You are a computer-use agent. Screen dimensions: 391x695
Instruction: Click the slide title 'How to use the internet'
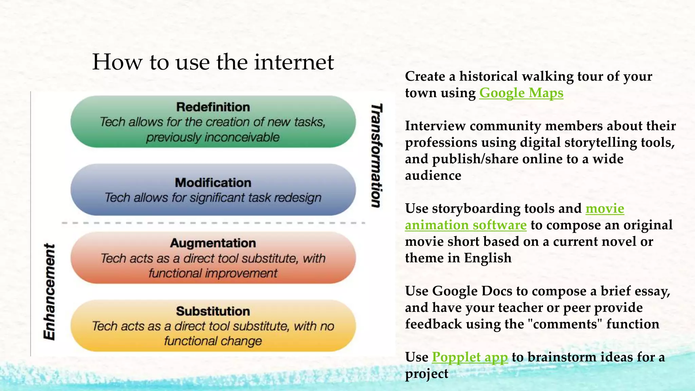pyautogui.click(x=213, y=62)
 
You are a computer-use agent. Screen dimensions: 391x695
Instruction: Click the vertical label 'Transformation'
pyautogui.click(x=376, y=155)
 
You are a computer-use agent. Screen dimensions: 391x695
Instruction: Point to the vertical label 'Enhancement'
pyautogui.click(x=50, y=292)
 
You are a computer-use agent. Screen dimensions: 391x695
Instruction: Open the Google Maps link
pyautogui.click(x=521, y=93)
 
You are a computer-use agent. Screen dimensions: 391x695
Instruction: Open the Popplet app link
pyautogui.click(x=470, y=357)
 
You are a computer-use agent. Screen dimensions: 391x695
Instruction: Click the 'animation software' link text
pyautogui.click(x=466, y=225)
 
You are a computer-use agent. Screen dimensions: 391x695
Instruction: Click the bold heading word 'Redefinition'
pyautogui.click(x=213, y=107)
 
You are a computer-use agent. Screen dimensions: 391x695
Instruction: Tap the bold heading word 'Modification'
pyautogui.click(x=213, y=183)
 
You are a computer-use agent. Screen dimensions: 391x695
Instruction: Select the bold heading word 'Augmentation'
pyautogui.click(x=213, y=243)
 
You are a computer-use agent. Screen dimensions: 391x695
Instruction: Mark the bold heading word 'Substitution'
pyautogui.click(x=213, y=311)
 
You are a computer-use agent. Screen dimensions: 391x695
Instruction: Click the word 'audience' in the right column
pyautogui.click(x=433, y=175)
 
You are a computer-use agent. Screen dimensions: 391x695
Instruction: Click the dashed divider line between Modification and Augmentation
pyautogui.click(x=213, y=223)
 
